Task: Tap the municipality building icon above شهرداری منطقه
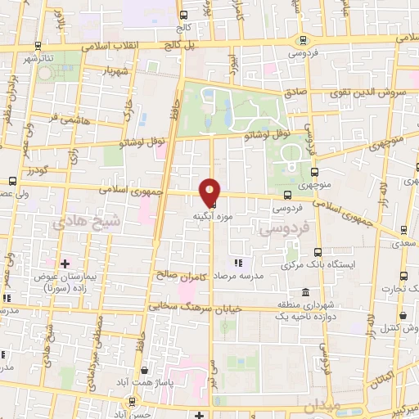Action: tap(304, 292)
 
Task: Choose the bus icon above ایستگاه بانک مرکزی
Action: tap(317, 251)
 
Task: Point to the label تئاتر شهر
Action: tap(39, 58)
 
